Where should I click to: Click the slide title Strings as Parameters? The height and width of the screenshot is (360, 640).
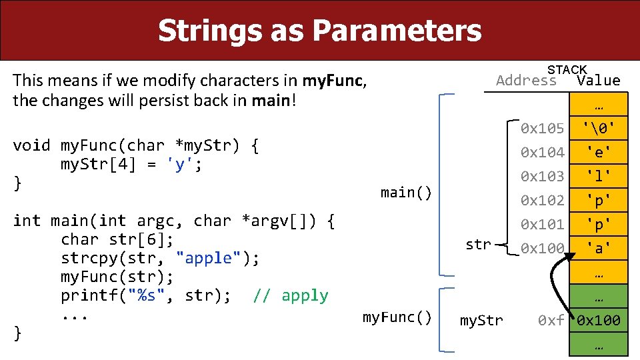point(319,31)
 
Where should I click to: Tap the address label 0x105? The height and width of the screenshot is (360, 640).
point(542,128)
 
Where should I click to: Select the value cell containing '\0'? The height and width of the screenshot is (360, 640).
point(598,128)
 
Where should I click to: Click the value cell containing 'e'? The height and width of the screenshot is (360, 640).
point(598,152)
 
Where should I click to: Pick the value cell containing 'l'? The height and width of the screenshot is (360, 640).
point(598,176)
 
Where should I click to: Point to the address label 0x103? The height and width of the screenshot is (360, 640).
point(542,176)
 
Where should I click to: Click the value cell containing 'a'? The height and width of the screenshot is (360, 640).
point(598,248)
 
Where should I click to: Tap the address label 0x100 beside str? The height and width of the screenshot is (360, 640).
point(542,248)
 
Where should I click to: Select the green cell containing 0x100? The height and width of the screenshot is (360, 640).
point(598,321)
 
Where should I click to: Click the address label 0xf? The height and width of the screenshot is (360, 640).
point(551,321)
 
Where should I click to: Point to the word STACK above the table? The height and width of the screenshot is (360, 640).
point(567,69)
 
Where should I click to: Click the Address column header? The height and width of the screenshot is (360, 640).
point(526,81)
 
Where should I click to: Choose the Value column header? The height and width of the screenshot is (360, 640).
point(598,81)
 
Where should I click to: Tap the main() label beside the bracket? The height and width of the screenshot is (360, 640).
point(406,193)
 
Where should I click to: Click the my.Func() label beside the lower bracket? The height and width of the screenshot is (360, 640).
point(397,317)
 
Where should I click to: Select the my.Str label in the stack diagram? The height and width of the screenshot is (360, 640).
point(481,321)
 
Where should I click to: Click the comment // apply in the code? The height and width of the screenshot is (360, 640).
point(291,295)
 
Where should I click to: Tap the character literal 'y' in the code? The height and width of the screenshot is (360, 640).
point(179,165)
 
